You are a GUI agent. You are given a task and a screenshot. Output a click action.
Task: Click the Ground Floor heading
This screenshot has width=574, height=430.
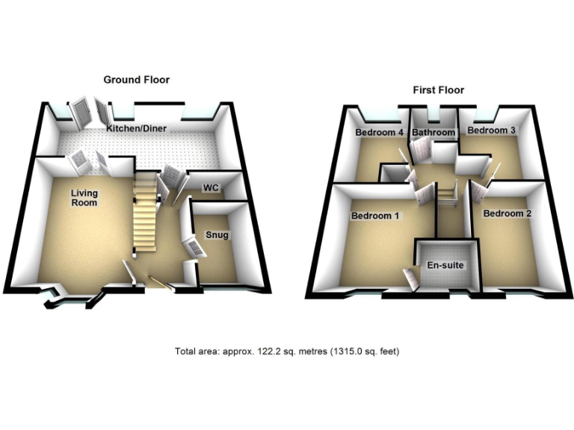pos(136,79)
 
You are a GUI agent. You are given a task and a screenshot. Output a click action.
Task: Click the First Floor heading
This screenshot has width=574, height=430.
pos(439,90)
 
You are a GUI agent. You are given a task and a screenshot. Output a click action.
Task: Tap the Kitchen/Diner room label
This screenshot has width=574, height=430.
pos(136,128)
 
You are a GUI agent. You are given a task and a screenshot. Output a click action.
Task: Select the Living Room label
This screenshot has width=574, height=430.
pos(84,197)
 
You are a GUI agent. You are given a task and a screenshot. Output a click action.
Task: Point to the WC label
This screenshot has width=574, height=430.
pos(211,188)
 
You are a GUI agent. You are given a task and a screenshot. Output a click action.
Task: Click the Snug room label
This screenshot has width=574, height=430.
pos(217,235)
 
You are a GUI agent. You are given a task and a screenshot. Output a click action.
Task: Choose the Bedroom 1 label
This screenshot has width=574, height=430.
pos(375,216)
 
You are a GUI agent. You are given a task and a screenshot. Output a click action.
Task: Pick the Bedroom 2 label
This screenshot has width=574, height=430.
pos(507,214)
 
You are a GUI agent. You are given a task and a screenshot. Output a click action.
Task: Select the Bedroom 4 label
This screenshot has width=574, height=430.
pos(379,133)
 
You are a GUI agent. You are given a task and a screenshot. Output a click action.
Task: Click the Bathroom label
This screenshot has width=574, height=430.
pos(433,133)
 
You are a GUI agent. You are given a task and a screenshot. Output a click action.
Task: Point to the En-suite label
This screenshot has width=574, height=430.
pos(444,264)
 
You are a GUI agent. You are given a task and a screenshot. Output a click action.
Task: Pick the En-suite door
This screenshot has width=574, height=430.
pos(410,278)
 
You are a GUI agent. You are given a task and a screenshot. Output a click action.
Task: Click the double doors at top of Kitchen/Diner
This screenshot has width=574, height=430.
pos(90,113)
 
